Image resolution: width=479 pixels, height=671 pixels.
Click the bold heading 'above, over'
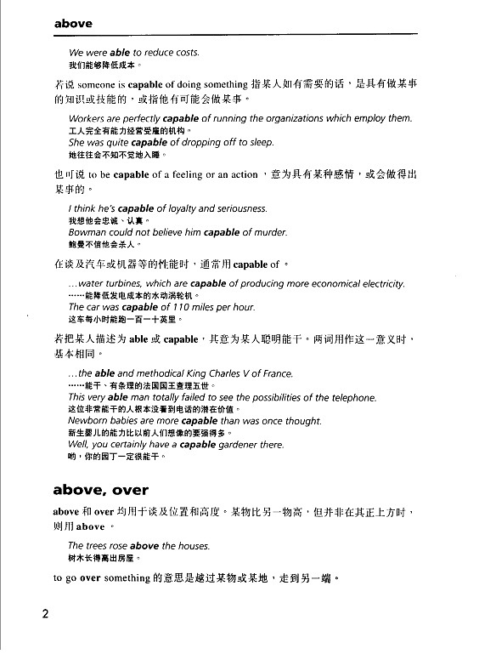click(x=100, y=489)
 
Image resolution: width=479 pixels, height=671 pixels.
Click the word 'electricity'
click(x=378, y=283)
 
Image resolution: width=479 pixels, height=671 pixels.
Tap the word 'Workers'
click(x=87, y=118)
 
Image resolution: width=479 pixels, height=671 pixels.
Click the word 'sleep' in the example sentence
click(x=256, y=143)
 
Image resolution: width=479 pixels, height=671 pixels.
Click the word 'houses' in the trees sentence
click(x=192, y=545)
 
